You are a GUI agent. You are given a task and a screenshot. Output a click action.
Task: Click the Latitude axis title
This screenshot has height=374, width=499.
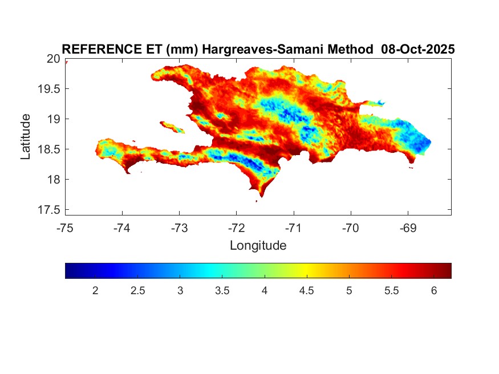[x=26, y=136]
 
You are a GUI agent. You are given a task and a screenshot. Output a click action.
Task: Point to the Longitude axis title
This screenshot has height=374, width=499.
[x=258, y=246]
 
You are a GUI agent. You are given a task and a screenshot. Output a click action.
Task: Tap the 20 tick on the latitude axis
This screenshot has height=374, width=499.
[x=53, y=59]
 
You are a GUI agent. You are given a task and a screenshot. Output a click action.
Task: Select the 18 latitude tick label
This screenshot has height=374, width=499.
[x=53, y=180]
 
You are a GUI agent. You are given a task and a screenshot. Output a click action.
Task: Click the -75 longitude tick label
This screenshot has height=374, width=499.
[x=65, y=228]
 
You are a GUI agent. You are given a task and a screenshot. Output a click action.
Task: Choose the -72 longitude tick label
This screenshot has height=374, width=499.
[x=236, y=228]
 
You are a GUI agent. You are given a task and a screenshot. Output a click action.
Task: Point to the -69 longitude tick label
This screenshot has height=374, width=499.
[x=407, y=228]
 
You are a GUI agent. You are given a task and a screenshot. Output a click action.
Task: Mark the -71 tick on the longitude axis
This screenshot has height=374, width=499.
[x=293, y=228]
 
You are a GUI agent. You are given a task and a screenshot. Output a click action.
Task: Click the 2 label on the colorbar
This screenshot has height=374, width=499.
[x=95, y=291]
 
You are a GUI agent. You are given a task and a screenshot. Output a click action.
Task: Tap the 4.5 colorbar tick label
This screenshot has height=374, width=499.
[x=306, y=291]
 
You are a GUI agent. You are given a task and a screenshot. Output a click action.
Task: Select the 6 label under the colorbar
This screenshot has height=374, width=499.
[x=433, y=291]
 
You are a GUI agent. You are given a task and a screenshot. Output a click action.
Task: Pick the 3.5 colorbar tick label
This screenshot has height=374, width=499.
[x=222, y=291]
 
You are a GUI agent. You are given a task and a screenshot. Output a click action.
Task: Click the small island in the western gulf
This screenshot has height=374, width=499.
[x=172, y=127]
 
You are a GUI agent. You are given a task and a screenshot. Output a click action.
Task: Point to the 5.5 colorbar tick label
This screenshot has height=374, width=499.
[x=391, y=291]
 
